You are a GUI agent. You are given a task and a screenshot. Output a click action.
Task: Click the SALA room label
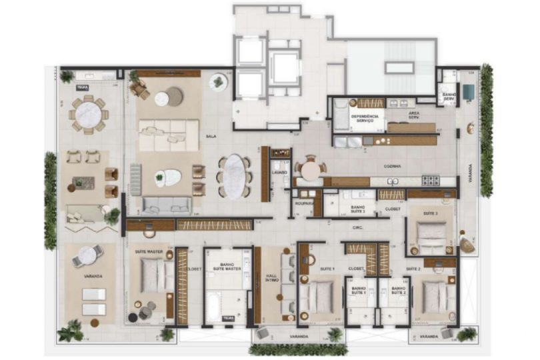click(211, 137)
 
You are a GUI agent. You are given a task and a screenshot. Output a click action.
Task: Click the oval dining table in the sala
click(234, 177)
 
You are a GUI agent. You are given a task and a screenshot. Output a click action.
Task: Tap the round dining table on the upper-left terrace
click(88, 115)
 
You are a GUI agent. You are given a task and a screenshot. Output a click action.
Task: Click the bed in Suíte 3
click(431, 233)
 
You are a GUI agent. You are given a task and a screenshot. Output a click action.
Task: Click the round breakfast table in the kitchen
click(311, 170)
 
